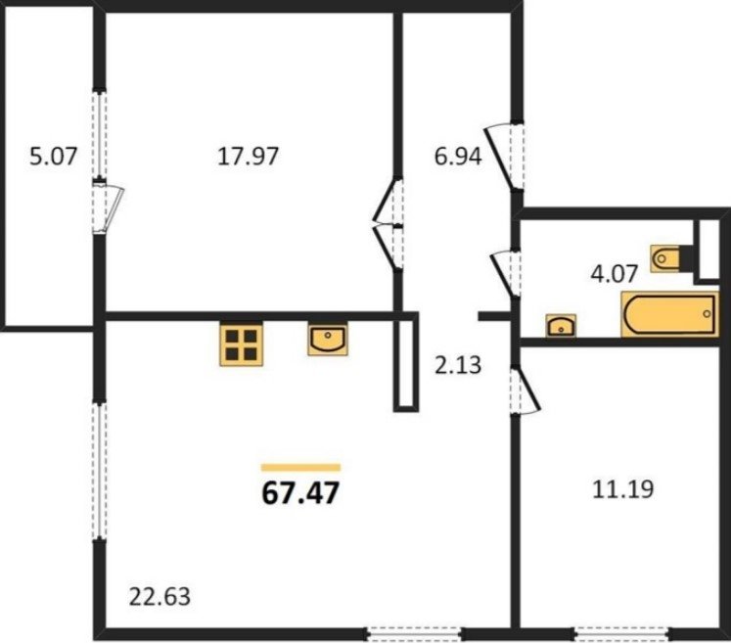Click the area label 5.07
[53, 156]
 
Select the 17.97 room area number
[248, 156]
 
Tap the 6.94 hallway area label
[458, 156]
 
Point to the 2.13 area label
[458, 365]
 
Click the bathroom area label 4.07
[614, 273]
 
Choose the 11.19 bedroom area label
[622, 489]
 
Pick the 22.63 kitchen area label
[160, 597]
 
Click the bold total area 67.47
[300, 493]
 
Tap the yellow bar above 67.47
[300, 468]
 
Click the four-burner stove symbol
[241, 344]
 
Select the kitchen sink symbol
[328, 339]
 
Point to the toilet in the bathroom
[671, 257]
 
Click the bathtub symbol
[669, 314]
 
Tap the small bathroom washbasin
[561, 326]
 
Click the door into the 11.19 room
[525, 390]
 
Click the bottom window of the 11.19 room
[621, 633]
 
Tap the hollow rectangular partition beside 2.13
[405, 363]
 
